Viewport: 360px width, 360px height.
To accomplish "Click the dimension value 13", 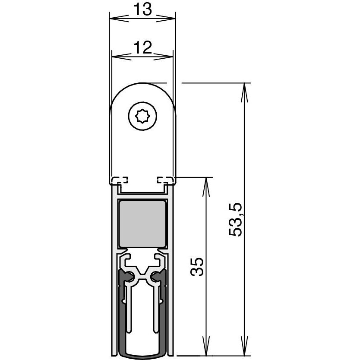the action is pos(142,9).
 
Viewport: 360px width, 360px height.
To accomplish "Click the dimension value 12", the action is pos(142,47).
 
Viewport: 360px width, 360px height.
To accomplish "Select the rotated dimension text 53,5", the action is pos(236,220).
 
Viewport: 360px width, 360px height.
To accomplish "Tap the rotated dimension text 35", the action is pos(197,267).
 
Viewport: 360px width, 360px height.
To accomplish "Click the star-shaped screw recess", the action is pos(142,116).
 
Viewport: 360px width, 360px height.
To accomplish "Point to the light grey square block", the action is pos(142,224).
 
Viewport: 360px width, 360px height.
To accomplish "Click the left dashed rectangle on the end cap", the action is pos(120,180).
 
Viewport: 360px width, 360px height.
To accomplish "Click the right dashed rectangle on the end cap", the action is pos(165,180).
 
